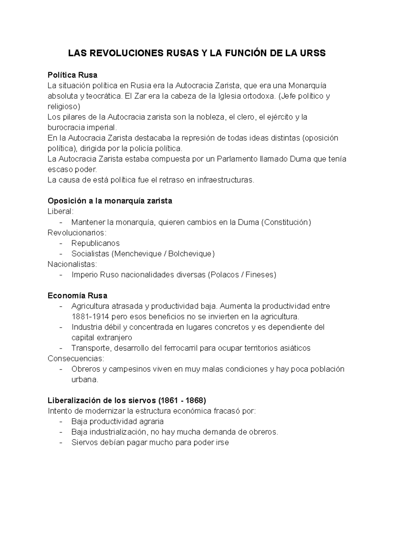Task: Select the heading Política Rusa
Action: coord(72,75)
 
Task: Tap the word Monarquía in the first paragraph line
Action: coord(307,86)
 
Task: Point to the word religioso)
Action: coord(64,107)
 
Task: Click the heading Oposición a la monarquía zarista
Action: coord(110,201)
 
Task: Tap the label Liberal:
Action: coord(61,211)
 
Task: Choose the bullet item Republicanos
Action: coord(95,243)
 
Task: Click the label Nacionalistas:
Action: coord(72,264)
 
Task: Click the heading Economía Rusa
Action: coord(77,296)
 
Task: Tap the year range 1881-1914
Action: coord(91,317)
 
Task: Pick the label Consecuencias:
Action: coord(76,358)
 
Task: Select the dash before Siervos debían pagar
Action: coord(61,443)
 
